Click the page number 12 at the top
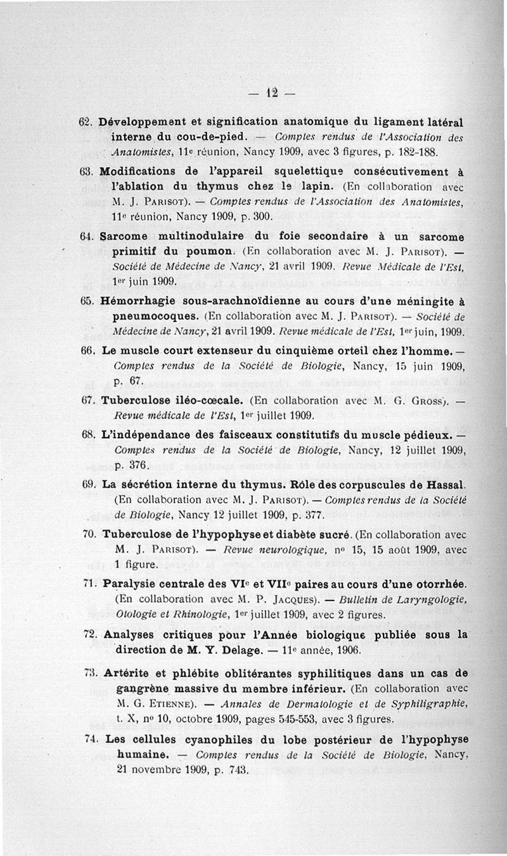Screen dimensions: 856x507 (x=273, y=92)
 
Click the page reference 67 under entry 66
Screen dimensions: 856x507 (x=135, y=381)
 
